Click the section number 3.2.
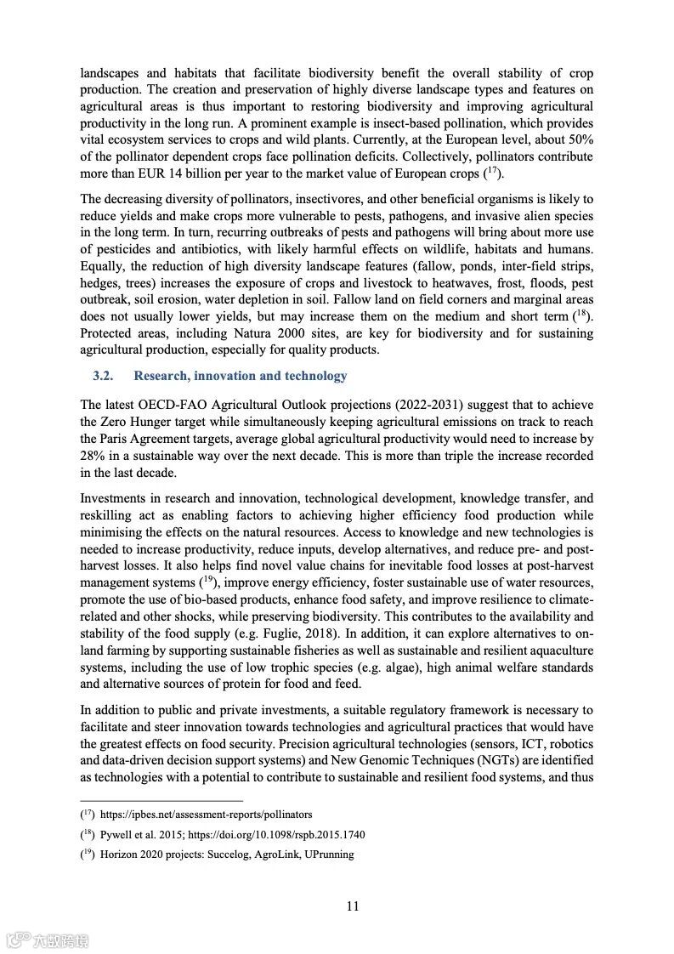coord(104,376)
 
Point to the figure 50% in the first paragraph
coord(578,139)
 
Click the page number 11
coord(353,906)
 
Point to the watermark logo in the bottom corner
coord(48,940)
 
